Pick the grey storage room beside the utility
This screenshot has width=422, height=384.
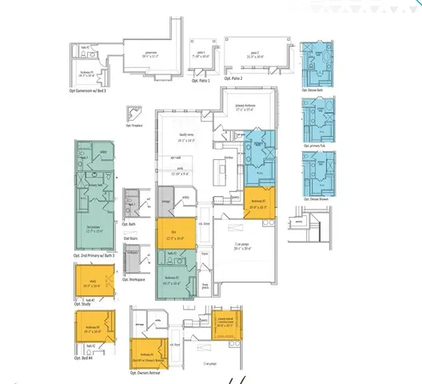pyautogui.click(x=165, y=200)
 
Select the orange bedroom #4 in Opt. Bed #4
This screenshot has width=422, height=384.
pyautogui.click(x=96, y=330)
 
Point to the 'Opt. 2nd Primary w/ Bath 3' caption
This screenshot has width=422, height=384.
pyautogui.click(x=94, y=255)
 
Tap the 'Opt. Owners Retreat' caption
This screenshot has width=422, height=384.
pyautogui.click(x=150, y=372)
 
